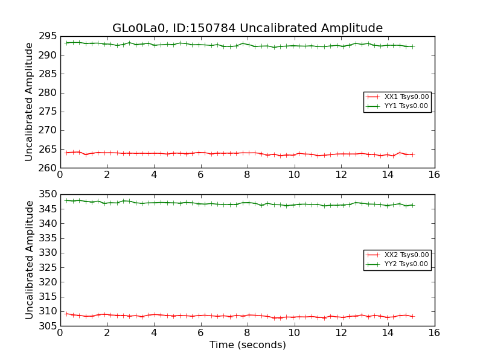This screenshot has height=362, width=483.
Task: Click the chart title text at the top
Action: click(x=248, y=28)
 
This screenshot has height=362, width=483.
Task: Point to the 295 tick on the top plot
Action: click(x=47, y=37)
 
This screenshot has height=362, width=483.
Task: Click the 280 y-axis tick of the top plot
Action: click(x=47, y=93)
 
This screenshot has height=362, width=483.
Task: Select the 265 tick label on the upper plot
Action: click(x=47, y=150)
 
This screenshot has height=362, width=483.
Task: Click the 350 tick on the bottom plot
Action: click(x=47, y=195)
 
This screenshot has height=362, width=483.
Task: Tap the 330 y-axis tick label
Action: click(x=47, y=253)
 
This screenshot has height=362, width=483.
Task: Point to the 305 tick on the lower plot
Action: click(x=47, y=326)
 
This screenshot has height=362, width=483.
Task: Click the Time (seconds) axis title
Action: click(x=248, y=345)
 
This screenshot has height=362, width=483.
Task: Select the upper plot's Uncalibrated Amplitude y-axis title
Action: click(x=29, y=102)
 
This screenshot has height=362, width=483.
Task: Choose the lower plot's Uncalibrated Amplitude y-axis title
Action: click(x=29, y=260)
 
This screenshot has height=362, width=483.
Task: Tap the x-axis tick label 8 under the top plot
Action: click(x=247, y=175)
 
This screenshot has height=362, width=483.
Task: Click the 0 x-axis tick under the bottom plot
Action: click(x=60, y=332)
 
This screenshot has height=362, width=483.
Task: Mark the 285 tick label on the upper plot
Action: click(x=47, y=74)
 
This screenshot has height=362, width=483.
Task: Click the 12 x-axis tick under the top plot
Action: click(x=341, y=175)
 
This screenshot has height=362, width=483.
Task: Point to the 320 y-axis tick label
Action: click(x=47, y=282)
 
